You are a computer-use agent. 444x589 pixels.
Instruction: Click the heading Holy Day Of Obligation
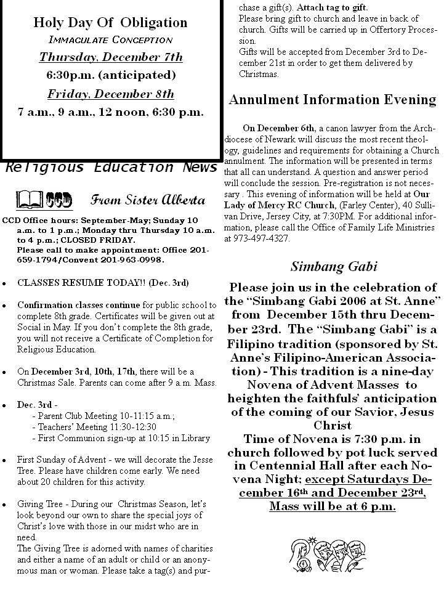tap(111, 23)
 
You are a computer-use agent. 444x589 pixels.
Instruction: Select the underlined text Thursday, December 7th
tap(111, 57)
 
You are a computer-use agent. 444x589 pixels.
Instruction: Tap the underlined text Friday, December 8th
tap(111, 94)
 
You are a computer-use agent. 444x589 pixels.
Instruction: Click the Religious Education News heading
tap(111, 168)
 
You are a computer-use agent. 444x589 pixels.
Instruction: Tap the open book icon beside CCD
tap(30, 200)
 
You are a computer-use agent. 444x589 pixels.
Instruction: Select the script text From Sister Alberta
tap(148, 200)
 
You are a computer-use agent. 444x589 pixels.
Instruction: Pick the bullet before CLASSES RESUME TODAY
tap(5, 283)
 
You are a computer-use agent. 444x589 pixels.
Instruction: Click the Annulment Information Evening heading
tap(333, 99)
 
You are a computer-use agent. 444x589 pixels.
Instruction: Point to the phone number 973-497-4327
tap(262, 238)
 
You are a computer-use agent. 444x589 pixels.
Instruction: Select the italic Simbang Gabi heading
tap(334, 267)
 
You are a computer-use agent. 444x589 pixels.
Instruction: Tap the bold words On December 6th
tap(278, 128)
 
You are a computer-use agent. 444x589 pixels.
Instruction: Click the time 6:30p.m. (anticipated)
tap(111, 75)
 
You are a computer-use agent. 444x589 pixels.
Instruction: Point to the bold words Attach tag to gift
tap(333, 7)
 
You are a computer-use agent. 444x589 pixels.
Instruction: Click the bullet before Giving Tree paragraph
tap(5, 505)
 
